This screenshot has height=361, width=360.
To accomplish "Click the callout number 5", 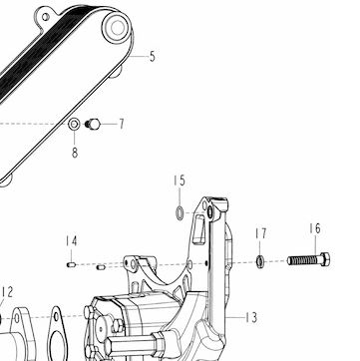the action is pyautogui.click(x=153, y=57).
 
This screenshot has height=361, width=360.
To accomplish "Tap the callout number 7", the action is pyautogui.click(x=122, y=124).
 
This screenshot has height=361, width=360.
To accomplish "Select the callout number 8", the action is pyautogui.click(x=75, y=153).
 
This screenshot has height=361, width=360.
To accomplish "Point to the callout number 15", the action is pyautogui.click(x=180, y=180).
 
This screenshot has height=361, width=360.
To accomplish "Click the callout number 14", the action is pyautogui.click(x=71, y=241).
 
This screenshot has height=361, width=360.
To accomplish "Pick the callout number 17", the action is pyautogui.click(x=261, y=233).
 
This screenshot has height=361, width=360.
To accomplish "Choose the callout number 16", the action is pyautogui.click(x=315, y=228).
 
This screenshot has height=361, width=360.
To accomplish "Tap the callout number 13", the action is pyautogui.click(x=251, y=318).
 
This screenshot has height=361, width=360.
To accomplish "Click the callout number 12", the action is pyautogui.click(x=7, y=292).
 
